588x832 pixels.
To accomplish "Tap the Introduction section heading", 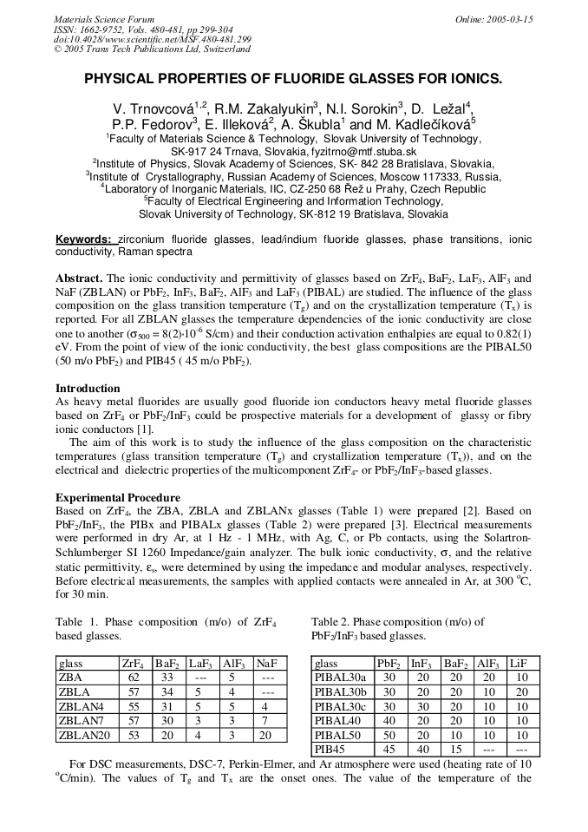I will [88, 388].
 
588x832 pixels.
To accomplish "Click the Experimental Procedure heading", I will [117, 497].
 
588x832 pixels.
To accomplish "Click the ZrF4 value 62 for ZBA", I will [134, 677].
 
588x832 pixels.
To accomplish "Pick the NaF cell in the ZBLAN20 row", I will [268, 735].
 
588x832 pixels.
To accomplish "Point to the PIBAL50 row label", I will [338, 735].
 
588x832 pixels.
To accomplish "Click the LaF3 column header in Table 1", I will [201, 662].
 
